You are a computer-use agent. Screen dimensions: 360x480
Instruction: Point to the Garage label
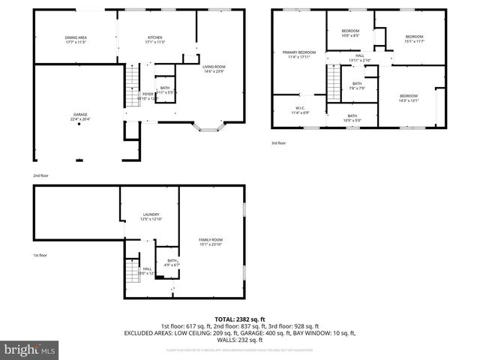(79, 116)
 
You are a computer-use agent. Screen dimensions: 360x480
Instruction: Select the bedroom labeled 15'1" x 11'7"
(414, 37)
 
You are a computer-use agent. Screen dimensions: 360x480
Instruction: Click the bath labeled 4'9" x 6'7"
(172, 262)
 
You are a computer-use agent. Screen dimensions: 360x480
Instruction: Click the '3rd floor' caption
(279, 143)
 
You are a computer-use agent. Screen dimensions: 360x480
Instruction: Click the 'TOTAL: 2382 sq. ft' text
(240, 319)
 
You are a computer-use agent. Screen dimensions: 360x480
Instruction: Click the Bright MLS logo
(30, 349)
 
